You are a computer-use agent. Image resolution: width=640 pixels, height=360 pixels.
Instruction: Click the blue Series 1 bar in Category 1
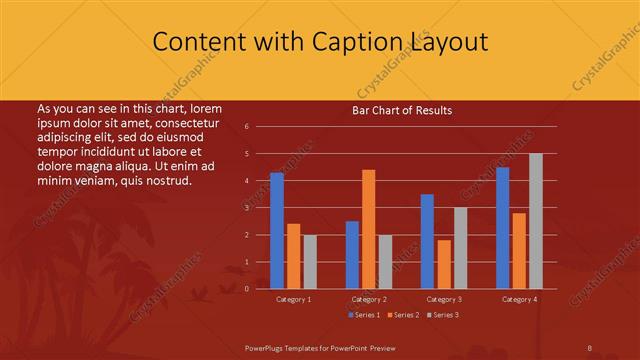(277, 230)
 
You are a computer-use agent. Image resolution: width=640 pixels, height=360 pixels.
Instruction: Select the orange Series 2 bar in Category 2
(369, 229)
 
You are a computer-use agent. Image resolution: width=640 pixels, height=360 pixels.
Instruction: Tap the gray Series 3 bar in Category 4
(536, 221)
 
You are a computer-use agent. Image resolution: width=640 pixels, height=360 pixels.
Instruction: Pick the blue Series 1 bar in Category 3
(427, 241)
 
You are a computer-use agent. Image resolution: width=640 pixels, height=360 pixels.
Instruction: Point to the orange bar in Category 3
(444, 264)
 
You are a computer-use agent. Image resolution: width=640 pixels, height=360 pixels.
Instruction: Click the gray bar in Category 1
(310, 261)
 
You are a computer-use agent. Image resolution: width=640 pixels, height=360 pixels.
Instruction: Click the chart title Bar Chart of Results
(402, 110)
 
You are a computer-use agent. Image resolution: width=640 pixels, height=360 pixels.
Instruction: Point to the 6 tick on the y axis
(247, 127)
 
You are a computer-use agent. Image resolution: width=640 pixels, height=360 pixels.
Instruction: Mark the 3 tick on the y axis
(247, 208)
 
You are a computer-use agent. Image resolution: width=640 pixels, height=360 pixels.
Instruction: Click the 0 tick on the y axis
(247, 289)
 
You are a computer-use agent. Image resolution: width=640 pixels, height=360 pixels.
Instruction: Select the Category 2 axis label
(369, 299)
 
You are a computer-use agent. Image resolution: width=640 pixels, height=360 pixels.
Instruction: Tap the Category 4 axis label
(519, 299)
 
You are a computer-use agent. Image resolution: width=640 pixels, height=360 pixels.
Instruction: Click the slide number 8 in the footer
(589, 347)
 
